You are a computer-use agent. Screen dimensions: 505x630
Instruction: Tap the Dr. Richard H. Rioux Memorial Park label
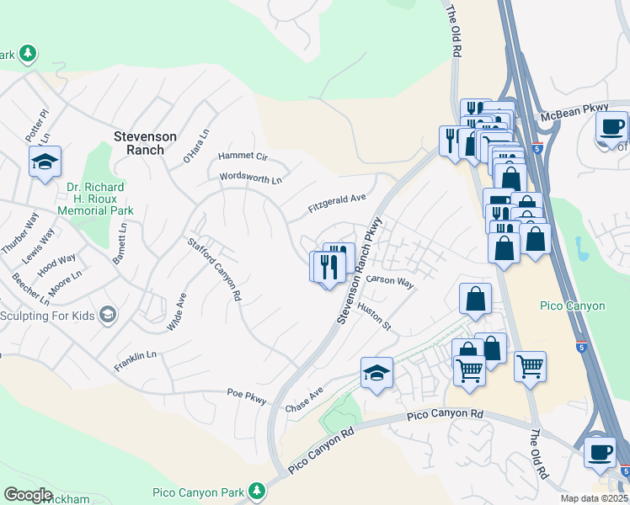[96, 199]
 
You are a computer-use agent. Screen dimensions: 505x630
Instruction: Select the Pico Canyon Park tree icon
[256, 491]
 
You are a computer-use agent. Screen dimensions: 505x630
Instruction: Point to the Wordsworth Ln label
[250, 178]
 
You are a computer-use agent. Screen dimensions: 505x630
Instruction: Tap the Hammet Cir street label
[243, 157]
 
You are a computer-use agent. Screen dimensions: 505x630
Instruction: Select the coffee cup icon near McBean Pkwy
[612, 128]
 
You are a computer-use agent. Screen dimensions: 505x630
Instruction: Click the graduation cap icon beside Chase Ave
[376, 372]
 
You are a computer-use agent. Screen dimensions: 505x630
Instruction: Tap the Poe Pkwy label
[247, 392]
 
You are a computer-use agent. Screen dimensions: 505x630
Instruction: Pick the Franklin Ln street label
[136, 360]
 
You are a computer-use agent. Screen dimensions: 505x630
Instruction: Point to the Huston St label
[375, 316]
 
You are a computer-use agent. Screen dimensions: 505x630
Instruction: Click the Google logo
[28, 495]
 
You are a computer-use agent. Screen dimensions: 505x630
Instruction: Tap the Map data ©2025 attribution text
[593, 498]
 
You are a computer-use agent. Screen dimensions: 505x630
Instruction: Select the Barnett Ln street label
[124, 239]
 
